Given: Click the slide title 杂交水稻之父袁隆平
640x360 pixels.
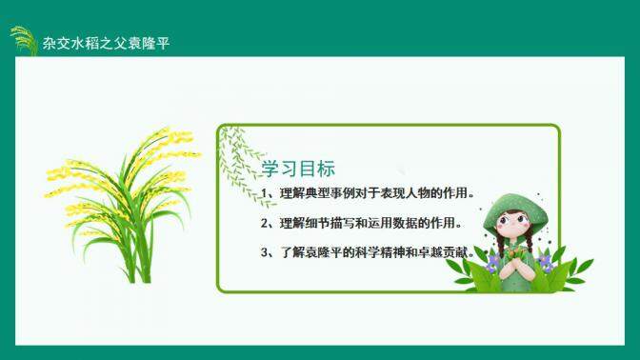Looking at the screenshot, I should click(106, 45).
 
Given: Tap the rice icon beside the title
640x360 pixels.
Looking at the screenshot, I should click(24, 40).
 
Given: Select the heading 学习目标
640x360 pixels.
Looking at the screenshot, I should click(298, 169).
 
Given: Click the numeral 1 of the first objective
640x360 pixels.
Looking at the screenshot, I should click(265, 195).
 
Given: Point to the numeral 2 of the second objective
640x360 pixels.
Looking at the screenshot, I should click(265, 224).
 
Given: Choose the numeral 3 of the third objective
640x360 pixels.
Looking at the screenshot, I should click(265, 252).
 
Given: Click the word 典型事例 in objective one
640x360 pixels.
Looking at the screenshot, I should click(327, 195).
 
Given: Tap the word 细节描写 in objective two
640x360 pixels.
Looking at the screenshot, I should click(327, 224).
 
